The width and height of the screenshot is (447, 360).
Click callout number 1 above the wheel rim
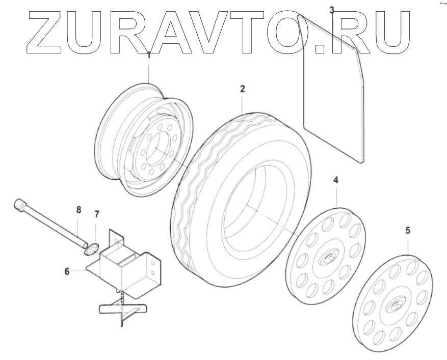[149, 55]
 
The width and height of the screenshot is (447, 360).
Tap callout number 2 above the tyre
[243, 89]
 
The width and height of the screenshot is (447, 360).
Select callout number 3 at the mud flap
[332, 10]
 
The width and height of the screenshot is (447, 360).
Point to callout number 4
[335, 180]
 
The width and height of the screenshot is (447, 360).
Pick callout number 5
[407, 230]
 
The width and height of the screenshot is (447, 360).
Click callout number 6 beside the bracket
[67, 271]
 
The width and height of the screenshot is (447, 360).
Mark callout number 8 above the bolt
[78, 209]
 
